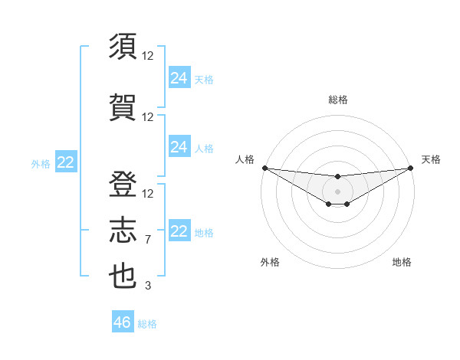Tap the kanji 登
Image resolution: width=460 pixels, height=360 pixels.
(x=123, y=184)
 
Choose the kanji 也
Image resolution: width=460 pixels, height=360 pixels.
(x=123, y=276)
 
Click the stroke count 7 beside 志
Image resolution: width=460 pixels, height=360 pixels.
(x=148, y=240)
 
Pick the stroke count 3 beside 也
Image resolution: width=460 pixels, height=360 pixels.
(x=148, y=286)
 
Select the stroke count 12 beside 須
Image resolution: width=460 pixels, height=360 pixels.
(x=148, y=55)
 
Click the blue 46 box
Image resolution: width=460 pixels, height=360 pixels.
(x=123, y=322)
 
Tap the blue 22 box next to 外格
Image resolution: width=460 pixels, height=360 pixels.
(x=66, y=162)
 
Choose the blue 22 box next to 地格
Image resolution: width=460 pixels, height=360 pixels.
(x=179, y=231)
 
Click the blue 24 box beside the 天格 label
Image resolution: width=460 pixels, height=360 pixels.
(x=179, y=78)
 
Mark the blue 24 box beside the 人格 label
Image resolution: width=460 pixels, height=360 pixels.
(x=179, y=147)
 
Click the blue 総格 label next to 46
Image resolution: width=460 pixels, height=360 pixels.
(x=147, y=324)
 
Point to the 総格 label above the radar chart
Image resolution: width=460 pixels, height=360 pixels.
(x=337, y=100)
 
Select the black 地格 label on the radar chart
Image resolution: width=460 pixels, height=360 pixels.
(x=402, y=262)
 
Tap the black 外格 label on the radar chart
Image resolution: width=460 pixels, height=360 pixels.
(x=270, y=262)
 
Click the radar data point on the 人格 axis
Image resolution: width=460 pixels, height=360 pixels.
(x=264, y=168)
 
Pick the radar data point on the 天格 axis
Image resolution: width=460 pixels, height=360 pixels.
(x=410, y=168)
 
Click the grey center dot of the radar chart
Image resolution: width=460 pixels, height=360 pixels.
(x=337, y=191)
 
